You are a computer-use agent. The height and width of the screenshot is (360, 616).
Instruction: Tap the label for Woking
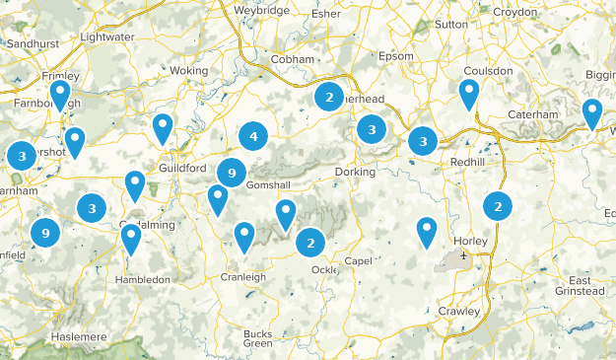coord(189,71)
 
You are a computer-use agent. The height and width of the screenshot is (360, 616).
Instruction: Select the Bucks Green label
coord(258,338)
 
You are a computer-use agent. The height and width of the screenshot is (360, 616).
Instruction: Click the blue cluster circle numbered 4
coord(253,137)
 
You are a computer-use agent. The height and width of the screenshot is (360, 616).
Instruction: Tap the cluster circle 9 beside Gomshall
coord(231,173)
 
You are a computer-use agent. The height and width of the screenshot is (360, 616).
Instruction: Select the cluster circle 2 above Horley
coord(498,206)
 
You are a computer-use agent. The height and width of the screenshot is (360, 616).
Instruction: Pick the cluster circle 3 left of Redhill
coord(423,141)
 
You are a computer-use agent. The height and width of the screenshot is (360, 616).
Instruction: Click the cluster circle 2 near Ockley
coord(310,242)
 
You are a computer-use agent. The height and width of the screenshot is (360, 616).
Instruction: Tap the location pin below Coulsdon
coord(468,94)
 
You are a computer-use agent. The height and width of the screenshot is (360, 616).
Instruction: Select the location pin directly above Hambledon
coord(131,240)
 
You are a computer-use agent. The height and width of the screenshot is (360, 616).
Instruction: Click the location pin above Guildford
coord(163,127)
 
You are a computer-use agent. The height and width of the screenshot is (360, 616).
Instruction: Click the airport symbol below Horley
coord(462,255)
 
